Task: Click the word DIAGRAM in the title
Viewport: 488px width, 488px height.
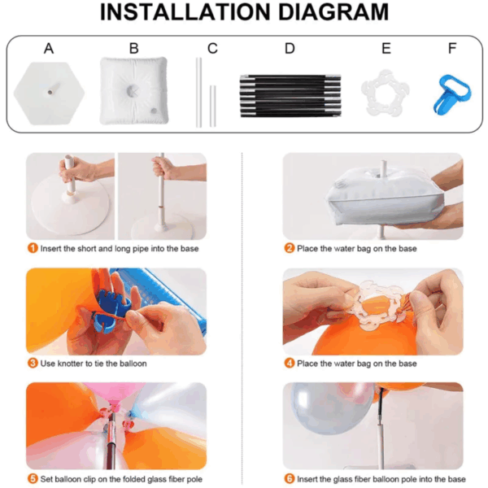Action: tap(333, 12)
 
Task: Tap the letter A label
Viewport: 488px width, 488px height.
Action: tap(49, 49)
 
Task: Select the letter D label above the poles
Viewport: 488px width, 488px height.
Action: tap(290, 49)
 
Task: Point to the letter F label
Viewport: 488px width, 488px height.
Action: tap(452, 49)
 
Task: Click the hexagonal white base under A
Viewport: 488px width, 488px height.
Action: tap(49, 93)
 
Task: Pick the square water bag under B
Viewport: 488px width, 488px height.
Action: tap(134, 90)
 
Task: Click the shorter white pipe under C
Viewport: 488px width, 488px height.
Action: tap(212, 106)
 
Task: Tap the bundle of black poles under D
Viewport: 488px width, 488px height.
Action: tap(290, 96)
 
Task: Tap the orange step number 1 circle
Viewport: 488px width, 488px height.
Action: tap(33, 248)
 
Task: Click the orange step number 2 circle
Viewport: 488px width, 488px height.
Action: tap(289, 248)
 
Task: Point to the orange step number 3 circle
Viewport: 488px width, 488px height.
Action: tap(33, 364)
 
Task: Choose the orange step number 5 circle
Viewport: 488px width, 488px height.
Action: tap(33, 479)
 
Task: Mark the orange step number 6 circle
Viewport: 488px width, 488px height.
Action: tap(289, 479)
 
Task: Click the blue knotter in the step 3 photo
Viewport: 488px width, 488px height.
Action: tap(111, 308)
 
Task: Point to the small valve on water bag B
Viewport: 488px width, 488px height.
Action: tap(154, 111)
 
